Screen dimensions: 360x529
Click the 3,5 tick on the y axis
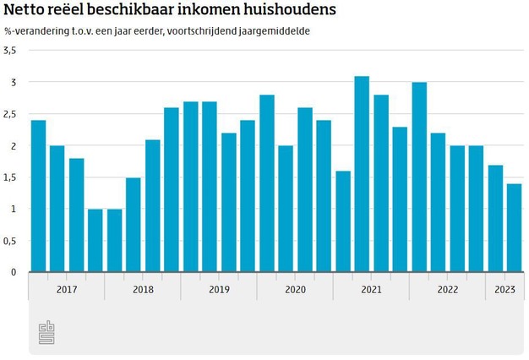click(x=10, y=51)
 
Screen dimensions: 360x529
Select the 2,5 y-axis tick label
click(x=10, y=114)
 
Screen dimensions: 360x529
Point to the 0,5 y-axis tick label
click(x=10, y=241)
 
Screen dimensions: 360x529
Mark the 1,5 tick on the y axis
click(x=10, y=177)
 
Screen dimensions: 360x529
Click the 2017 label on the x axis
click(x=66, y=289)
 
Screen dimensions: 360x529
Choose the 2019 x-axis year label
click(x=218, y=289)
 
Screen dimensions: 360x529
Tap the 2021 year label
click(x=371, y=289)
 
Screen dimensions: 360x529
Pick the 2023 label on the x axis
click(x=504, y=289)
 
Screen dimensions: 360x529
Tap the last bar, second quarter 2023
click(x=515, y=228)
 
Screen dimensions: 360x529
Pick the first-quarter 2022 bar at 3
click(x=419, y=177)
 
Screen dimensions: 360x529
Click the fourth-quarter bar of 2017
click(x=95, y=241)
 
